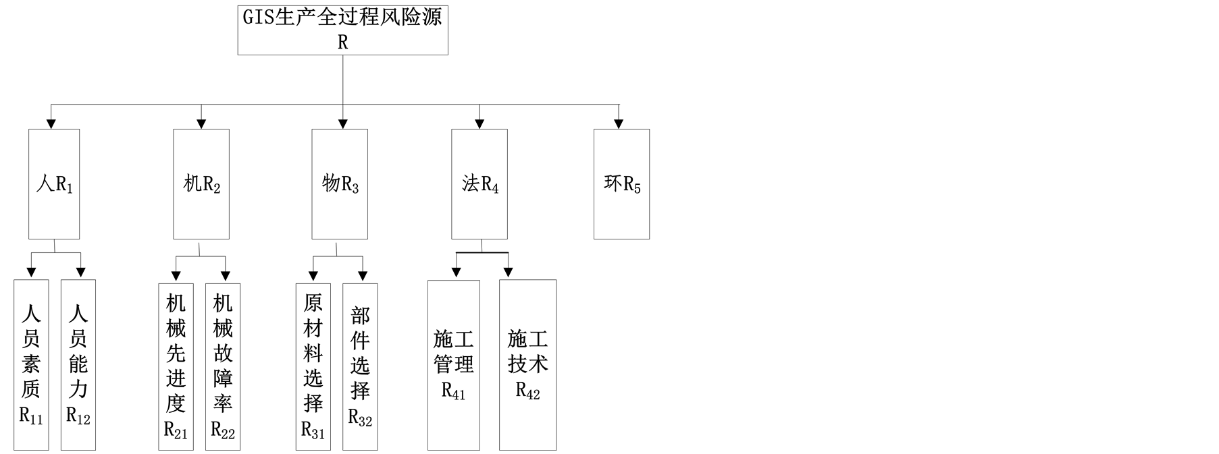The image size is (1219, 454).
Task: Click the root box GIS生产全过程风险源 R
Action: (x=342, y=30)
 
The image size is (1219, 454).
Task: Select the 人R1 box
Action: (x=54, y=183)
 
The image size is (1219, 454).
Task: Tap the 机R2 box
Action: (x=201, y=183)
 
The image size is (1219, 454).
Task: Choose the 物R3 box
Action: (x=340, y=183)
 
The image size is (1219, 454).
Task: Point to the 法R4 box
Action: (x=479, y=183)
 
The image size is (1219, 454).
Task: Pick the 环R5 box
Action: (x=621, y=183)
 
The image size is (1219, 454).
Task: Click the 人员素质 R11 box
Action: (x=31, y=364)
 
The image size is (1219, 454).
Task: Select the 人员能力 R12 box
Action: (x=78, y=364)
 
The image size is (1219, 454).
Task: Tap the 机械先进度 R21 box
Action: (x=176, y=366)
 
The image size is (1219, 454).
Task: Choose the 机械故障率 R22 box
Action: (x=223, y=366)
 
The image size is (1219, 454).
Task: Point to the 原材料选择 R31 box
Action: (x=313, y=366)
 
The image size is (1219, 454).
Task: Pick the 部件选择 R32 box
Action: (x=360, y=366)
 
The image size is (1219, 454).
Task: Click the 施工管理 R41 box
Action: (x=454, y=365)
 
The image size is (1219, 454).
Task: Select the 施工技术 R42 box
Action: (x=527, y=365)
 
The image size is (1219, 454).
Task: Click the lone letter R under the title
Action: (x=342, y=42)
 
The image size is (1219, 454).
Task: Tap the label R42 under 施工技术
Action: (x=527, y=391)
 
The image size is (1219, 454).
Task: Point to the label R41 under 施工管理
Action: (x=454, y=391)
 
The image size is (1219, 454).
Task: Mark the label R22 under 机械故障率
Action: (x=223, y=430)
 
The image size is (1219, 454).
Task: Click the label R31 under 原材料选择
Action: (x=313, y=430)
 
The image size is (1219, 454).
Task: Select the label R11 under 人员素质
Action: (x=31, y=416)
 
